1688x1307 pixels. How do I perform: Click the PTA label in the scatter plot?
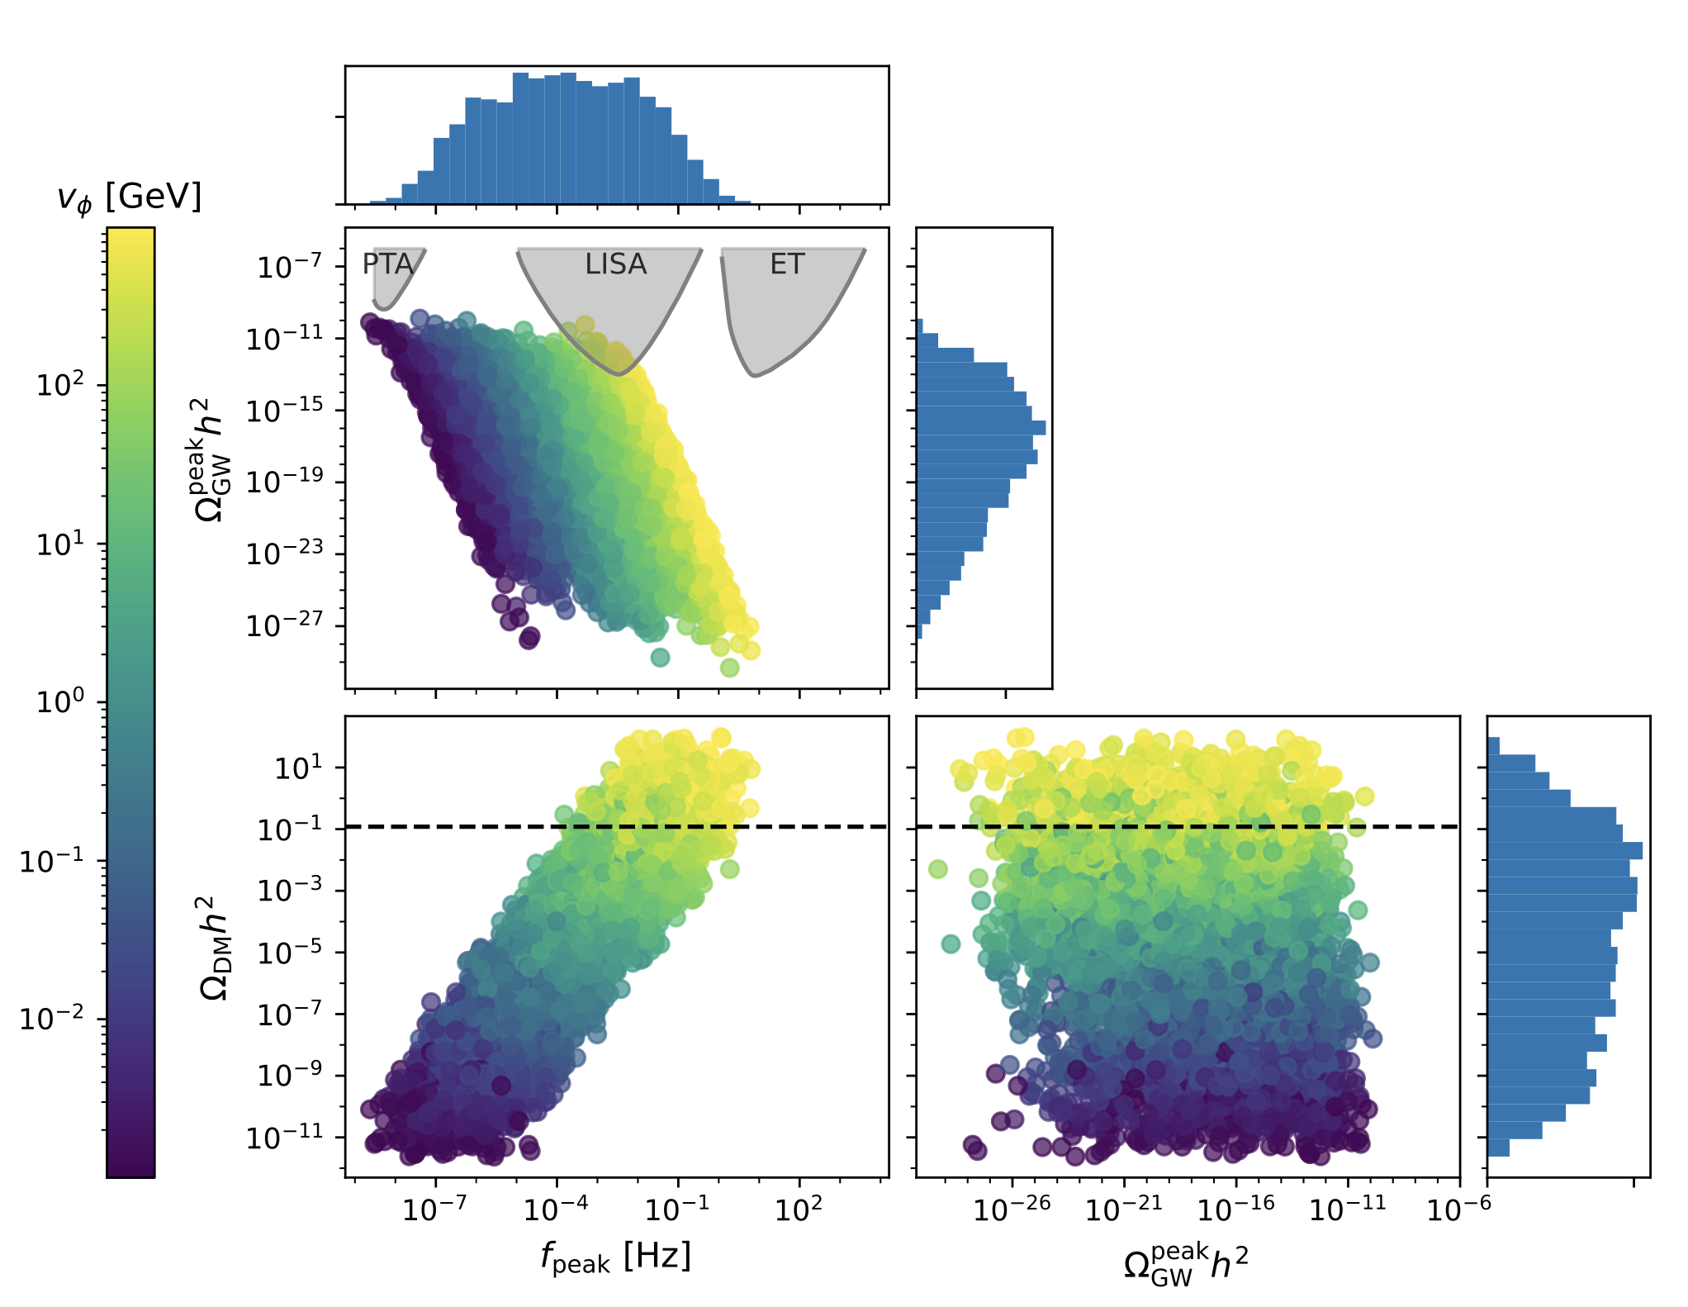pos(387,264)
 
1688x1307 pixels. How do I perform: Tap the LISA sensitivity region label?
pos(615,264)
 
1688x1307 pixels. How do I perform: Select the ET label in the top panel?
pos(787,264)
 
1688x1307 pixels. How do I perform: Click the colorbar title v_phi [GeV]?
pos(130,197)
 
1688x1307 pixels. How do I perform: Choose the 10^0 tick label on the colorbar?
pos(60,701)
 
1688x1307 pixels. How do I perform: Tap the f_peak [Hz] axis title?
pos(616,1257)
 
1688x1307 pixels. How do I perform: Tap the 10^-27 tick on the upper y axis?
pos(284,625)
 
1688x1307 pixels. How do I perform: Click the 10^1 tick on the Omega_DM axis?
pos(298,768)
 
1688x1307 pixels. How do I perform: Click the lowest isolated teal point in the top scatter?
pos(660,658)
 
